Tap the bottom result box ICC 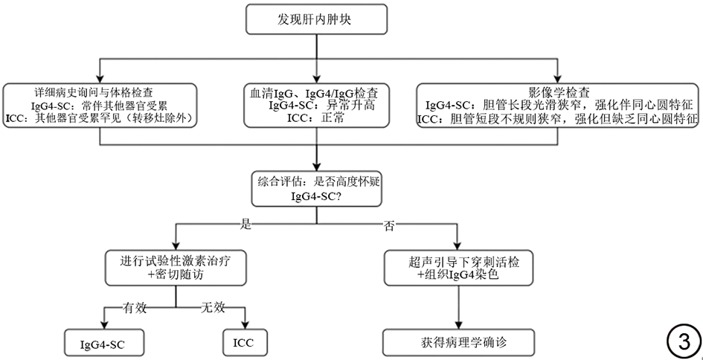pyautogui.click(x=244, y=343)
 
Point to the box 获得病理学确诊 pyautogui.click(x=458, y=343)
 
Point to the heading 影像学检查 pyautogui.click(x=559, y=92)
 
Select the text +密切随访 pyautogui.click(x=176, y=274)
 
